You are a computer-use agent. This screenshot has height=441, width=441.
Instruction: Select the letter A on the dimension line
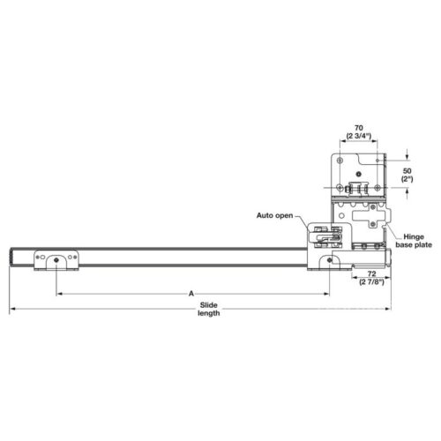click(191, 293)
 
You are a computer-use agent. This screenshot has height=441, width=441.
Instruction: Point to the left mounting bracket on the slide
click(56, 261)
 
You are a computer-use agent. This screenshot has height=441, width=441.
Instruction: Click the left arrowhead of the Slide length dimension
click(12, 310)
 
